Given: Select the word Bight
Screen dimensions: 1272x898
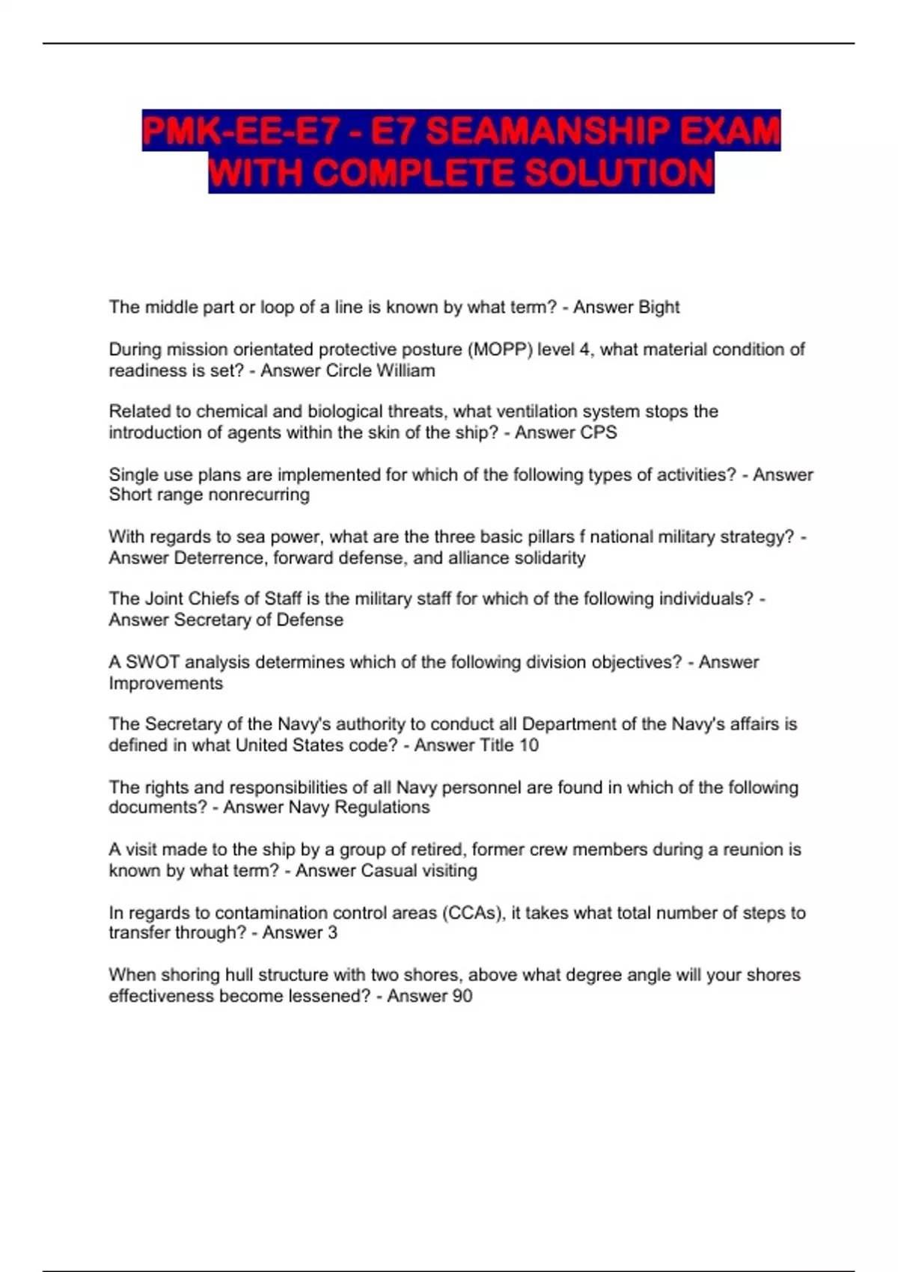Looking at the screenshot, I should click(658, 308).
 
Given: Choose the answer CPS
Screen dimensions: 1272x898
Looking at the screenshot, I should click(599, 432).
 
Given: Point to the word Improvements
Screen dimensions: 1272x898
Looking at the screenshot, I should click(165, 683).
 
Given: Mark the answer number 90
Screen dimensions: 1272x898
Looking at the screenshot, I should click(462, 996).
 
